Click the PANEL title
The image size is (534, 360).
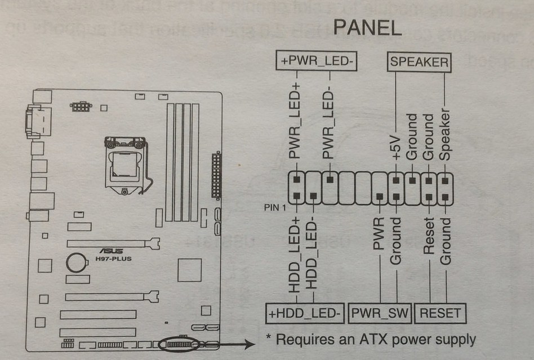pos(367,29)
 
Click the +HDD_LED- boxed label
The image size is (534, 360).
pos(305,313)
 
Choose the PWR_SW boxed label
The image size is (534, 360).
pos(381,313)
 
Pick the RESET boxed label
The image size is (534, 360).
pos(440,313)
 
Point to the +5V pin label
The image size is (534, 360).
pos(397,148)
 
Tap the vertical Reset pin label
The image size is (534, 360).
pos(430,236)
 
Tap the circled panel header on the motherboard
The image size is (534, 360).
pos(179,343)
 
